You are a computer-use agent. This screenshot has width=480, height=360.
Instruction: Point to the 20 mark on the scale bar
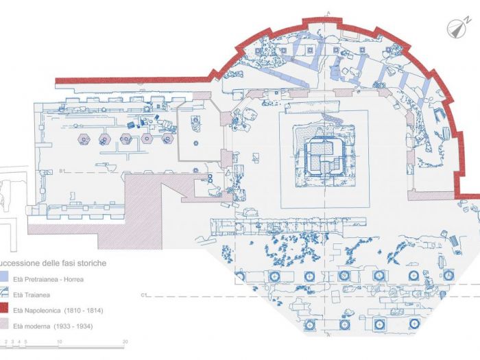124,341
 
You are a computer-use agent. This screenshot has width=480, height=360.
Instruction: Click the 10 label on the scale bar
60,341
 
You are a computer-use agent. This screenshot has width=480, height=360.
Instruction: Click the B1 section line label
61,170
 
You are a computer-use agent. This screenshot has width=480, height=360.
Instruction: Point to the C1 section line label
146,295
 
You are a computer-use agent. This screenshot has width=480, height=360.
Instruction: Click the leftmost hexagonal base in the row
84,139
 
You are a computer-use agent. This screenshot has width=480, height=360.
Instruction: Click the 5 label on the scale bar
27,341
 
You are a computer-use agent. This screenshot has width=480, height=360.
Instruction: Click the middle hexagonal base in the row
126,139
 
